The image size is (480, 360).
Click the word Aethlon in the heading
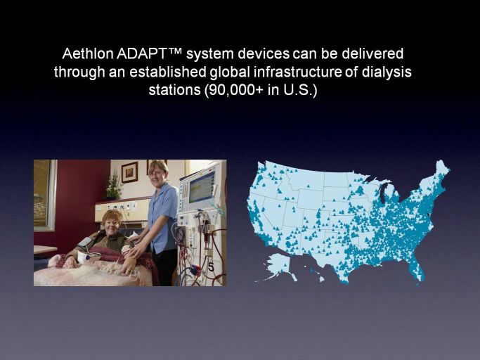(88, 53)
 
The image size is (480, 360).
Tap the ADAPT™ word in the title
(150, 53)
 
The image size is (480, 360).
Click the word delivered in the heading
(372, 53)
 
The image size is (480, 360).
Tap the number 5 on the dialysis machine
(211, 267)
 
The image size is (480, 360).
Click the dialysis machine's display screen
(202, 187)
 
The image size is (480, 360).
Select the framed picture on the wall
(129, 172)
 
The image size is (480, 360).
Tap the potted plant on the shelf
(114, 186)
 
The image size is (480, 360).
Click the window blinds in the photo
(42, 193)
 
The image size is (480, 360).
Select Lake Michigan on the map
(382, 193)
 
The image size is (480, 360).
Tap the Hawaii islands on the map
(317, 275)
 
